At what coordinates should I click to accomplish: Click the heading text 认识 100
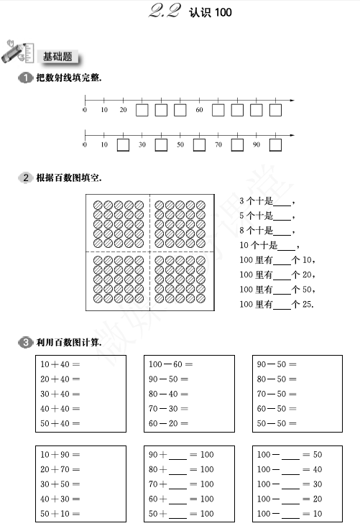pyautogui.click(x=211, y=12)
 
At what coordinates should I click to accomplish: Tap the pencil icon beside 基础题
pyautogui.click(x=17, y=52)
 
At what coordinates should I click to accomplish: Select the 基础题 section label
pyautogui.click(x=57, y=57)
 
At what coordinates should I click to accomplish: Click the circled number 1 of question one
pyautogui.click(x=25, y=78)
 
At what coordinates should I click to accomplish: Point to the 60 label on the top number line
pyautogui.click(x=199, y=110)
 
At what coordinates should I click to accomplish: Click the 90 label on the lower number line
pyautogui.click(x=257, y=144)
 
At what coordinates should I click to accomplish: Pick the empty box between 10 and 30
pyautogui.click(x=123, y=145)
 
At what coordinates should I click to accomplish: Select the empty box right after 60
pyautogui.click(x=218, y=110)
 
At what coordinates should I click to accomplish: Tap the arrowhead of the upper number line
pyautogui.click(x=292, y=101)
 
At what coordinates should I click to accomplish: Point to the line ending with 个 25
pyautogui.click(x=277, y=304)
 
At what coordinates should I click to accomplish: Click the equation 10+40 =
pyautogui.click(x=60, y=364)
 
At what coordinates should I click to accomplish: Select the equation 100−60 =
pyautogui.click(x=171, y=364)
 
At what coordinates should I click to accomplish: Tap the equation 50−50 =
pyautogui.click(x=277, y=423)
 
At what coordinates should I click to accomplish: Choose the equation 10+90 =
pyautogui.click(x=60, y=454)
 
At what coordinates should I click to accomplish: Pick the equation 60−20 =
pyautogui.click(x=168, y=423)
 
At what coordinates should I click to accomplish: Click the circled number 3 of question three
pyautogui.click(x=25, y=342)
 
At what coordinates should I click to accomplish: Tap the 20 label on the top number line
pyautogui.click(x=123, y=110)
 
